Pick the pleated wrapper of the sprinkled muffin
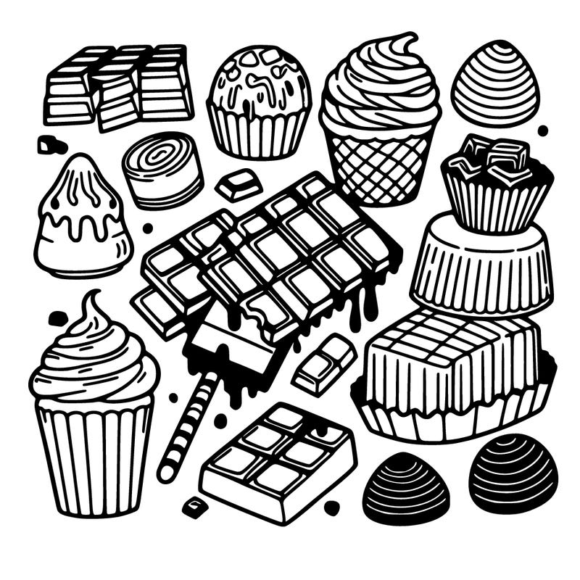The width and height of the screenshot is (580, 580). pyautogui.click(x=258, y=134)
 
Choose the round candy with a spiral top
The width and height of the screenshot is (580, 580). pyautogui.click(x=162, y=170)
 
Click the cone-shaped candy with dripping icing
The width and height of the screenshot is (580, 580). pyautogui.click(x=82, y=218)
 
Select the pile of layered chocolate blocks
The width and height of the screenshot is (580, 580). pyautogui.click(x=120, y=87)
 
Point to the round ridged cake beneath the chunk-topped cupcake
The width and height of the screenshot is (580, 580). pyautogui.click(x=482, y=265)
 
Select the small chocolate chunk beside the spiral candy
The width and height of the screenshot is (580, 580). pyautogui.click(x=239, y=184)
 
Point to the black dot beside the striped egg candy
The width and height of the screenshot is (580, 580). pyautogui.click(x=542, y=130)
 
